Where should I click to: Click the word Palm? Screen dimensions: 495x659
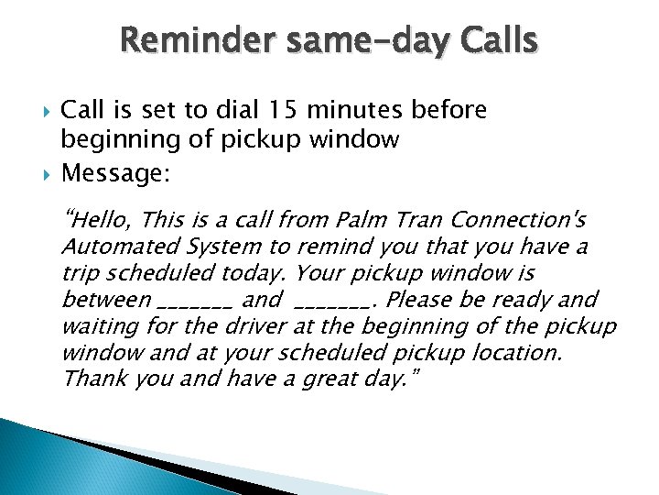[392, 220]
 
